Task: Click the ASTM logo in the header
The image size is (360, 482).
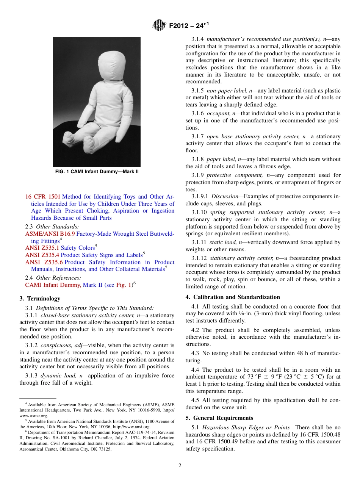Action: (159, 25)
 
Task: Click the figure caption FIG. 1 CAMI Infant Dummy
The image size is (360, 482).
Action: (97, 172)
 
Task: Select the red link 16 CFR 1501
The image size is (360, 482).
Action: (43, 197)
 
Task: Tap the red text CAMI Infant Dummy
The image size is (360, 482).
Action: (53, 285)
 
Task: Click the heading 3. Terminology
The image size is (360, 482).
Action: (40, 299)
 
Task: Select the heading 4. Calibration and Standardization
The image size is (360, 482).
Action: (233, 297)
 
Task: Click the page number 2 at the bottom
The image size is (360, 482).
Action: (180, 466)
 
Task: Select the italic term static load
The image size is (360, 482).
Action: (221, 242)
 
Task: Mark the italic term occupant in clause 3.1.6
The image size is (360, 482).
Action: (218, 113)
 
